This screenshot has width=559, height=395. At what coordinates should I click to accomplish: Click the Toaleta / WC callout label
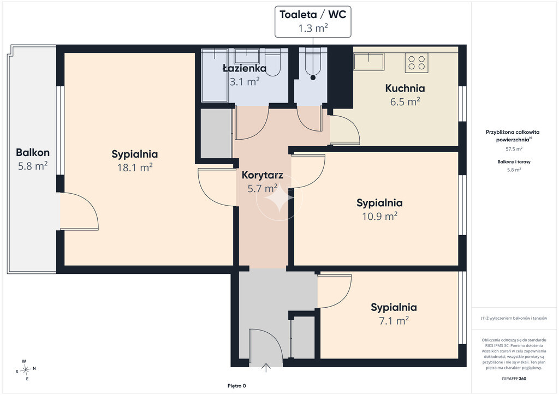313,15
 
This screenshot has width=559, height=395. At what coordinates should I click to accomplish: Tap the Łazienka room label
245,68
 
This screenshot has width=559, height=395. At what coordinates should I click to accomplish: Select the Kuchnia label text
405,88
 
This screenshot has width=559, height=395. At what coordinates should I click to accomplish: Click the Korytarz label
263,175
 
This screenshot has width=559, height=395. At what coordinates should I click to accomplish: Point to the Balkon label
32,152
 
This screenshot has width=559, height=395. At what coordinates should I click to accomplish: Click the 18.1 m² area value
135,167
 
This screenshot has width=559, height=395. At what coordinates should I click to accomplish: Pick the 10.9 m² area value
380,216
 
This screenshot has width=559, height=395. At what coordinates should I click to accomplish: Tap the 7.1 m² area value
394,321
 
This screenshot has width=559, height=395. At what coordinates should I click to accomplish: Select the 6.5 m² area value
405,102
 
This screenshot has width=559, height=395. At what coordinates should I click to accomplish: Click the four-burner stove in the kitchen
417,63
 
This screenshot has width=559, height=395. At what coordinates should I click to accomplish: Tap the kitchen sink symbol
369,61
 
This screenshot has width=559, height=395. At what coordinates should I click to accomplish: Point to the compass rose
25,370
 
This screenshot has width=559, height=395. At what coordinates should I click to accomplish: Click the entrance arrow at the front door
266,368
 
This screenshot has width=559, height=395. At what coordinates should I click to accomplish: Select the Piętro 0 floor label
237,386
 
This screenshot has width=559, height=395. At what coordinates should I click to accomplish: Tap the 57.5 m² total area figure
514,149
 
